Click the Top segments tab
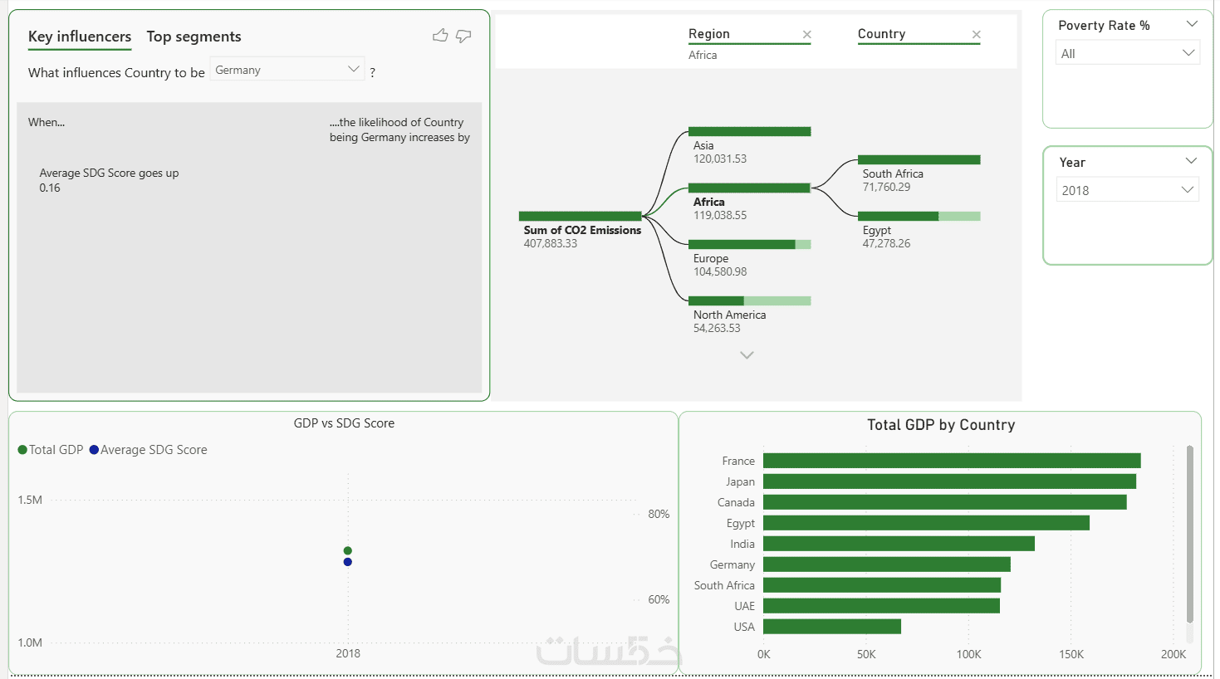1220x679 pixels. [194, 37]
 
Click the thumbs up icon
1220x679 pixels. [440, 36]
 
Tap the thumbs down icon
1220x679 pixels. [463, 36]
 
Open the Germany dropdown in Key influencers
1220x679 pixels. [287, 69]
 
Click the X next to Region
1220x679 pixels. [806, 35]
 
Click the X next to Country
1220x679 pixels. [976, 35]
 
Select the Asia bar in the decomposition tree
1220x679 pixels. [749, 131]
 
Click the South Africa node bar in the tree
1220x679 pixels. [919, 159]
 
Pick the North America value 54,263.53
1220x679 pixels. [717, 329]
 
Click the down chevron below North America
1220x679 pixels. [747, 355]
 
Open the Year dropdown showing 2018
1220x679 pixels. [1128, 190]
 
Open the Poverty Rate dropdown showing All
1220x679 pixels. [1128, 53]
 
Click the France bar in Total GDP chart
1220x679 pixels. [952, 461]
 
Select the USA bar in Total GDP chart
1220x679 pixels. [831, 627]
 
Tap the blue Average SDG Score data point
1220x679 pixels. [347, 562]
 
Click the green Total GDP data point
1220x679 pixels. [347, 550]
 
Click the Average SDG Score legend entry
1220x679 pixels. [148, 450]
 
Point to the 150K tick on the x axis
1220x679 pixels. [1071, 654]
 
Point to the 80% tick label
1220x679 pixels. [659, 514]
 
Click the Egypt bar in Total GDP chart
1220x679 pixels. [926, 523]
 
